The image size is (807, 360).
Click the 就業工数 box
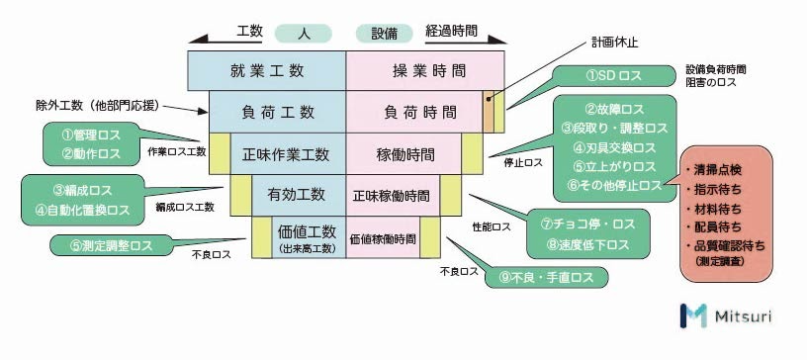266,70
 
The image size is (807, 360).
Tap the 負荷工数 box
276,113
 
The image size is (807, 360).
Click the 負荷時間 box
412,113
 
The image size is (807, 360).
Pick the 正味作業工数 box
288,155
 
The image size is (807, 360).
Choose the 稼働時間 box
405,155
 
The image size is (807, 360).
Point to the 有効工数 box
296,194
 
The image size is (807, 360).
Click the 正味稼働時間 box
391,194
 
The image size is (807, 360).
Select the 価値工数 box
307,236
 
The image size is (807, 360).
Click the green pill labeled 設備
377,34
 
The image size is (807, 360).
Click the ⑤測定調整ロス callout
109,245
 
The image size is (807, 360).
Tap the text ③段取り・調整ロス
614,129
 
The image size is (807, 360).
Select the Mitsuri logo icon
692,315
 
